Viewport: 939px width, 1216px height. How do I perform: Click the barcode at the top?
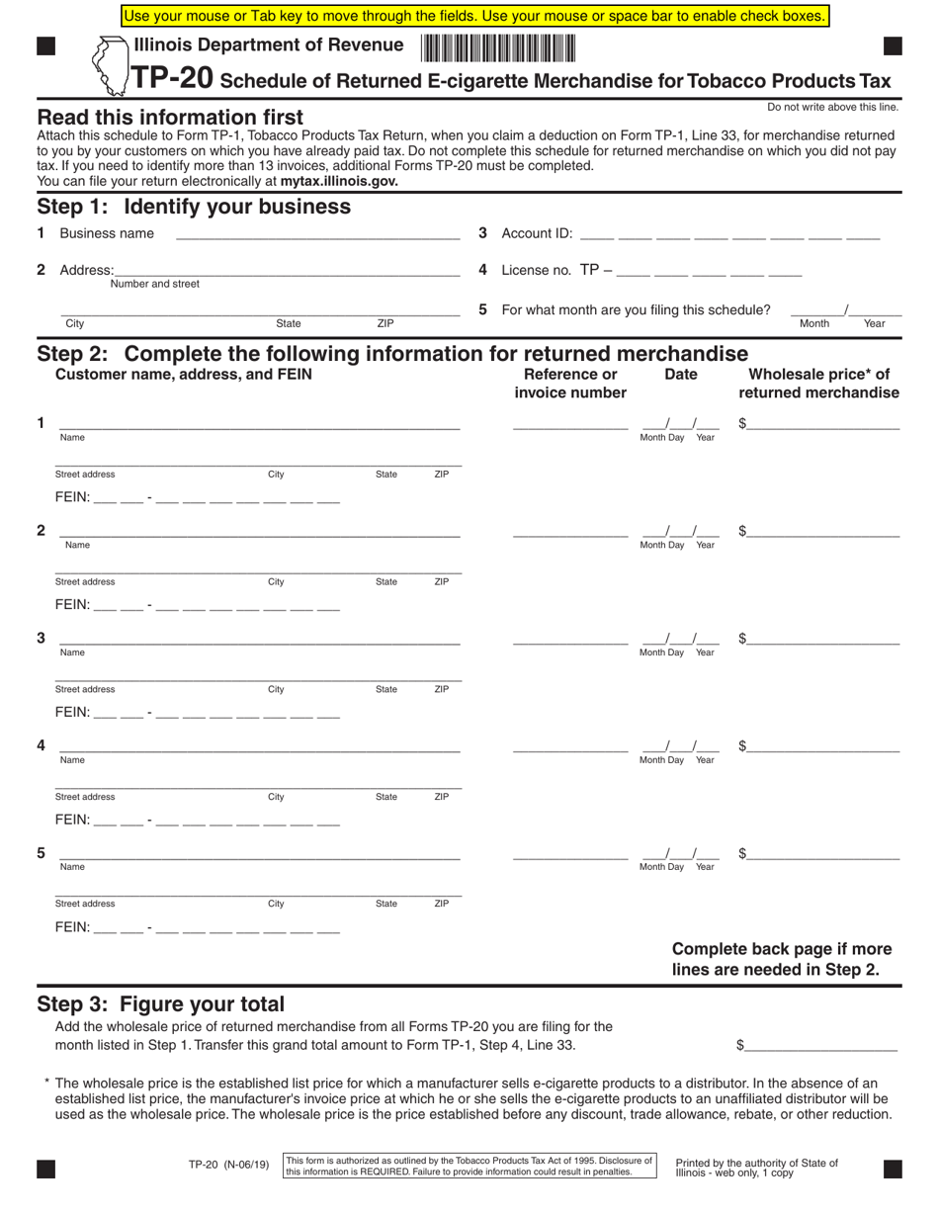tap(498, 46)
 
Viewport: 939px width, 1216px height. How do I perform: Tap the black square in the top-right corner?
tap(892, 45)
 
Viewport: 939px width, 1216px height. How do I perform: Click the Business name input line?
tap(317, 233)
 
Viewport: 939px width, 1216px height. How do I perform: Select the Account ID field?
tap(729, 234)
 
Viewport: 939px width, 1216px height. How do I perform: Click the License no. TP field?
tap(709, 271)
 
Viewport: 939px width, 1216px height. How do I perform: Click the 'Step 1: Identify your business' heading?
tap(194, 207)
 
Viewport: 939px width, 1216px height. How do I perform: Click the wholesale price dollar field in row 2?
tap(823, 532)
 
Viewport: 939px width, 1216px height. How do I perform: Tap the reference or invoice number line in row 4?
tap(570, 746)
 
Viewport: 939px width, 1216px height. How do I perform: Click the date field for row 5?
tap(680, 854)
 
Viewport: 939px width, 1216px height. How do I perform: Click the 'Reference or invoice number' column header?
tap(570, 384)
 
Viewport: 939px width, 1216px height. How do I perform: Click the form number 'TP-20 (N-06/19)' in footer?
tap(228, 1164)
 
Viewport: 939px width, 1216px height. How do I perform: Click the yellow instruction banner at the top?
tap(474, 16)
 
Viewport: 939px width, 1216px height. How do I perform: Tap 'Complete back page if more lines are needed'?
tap(781, 959)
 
